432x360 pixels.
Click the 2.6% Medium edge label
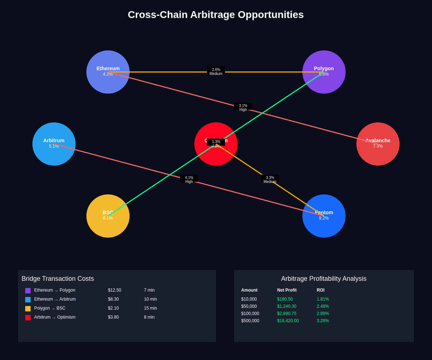216,72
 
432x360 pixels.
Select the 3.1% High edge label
243,108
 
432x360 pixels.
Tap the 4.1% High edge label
189,180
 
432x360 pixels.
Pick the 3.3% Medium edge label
270,180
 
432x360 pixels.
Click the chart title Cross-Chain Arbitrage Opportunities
216,15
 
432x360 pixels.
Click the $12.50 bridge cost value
114,290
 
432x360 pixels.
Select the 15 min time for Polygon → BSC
150,308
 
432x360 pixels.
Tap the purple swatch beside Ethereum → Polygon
28,291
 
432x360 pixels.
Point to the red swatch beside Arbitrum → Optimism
28,318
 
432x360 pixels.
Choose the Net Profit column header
287,290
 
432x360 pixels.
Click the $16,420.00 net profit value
288,321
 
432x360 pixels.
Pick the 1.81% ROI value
323,299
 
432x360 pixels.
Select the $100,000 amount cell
250,314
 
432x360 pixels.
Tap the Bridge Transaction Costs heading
58,279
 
